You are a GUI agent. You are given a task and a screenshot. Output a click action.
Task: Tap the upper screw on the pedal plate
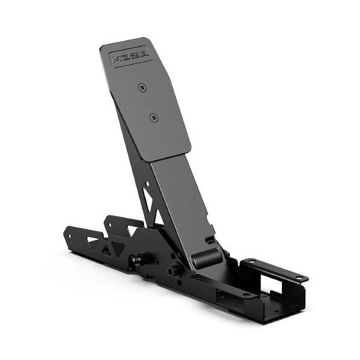pyautogui.click(x=142, y=88)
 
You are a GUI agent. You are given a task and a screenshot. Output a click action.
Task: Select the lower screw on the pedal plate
pyautogui.click(x=154, y=117)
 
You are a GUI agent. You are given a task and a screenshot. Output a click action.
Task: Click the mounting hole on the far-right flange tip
pyautogui.click(x=298, y=277)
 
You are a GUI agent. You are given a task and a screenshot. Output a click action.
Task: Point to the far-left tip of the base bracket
pyautogui.click(x=68, y=230)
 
